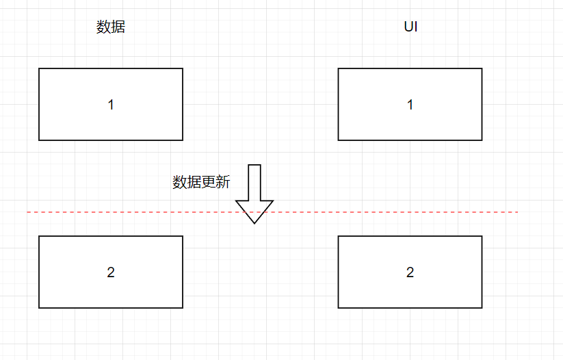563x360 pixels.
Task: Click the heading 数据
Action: click(111, 27)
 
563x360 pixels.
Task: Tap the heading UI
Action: click(410, 27)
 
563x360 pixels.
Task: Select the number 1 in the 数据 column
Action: click(111, 105)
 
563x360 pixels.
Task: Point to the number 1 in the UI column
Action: click(410, 105)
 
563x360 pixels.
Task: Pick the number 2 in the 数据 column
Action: click(111, 272)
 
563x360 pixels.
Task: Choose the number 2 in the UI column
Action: click(410, 272)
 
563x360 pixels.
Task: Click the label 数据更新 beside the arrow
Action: click(201, 182)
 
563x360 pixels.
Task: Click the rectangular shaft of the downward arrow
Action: click(254, 182)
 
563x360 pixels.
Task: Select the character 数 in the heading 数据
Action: click(103, 27)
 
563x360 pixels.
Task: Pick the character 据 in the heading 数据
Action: click(118, 27)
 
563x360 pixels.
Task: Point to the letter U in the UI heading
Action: click(408, 27)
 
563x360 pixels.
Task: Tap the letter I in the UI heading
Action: click(416, 27)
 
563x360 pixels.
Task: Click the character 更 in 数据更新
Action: click(209, 182)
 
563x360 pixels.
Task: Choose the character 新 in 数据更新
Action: click(223, 182)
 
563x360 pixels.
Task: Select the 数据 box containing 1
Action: click(68, 86)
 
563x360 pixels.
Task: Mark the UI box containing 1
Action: click(369, 86)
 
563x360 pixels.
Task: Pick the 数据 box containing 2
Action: click(68, 253)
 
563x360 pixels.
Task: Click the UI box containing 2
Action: click(369, 253)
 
